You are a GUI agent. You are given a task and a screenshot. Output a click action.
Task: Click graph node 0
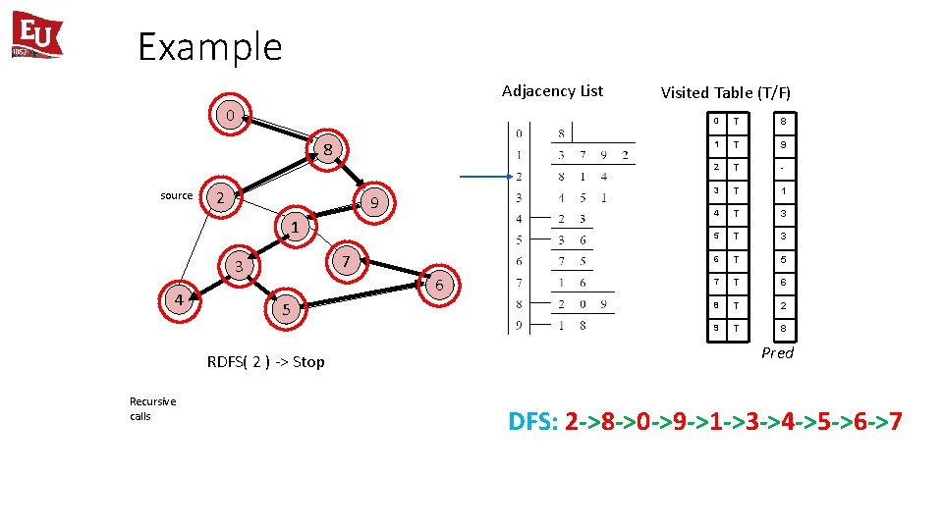click(229, 115)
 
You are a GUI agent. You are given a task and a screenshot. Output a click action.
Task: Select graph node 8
click(329, 149)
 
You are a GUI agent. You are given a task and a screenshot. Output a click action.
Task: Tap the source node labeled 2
click(221, 198)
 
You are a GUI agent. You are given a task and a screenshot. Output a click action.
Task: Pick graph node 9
click(373, 203)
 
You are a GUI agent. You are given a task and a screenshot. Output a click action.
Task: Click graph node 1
click(294, 227)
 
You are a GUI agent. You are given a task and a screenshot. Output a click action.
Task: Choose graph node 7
click(346, 262)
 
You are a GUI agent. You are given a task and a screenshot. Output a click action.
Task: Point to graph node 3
click(238, 266)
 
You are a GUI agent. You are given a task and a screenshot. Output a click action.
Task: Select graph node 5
click(286, 309)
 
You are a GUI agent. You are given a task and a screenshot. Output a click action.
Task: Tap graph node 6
click(439, 285)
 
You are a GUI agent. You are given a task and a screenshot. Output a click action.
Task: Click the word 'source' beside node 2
click(177, 195)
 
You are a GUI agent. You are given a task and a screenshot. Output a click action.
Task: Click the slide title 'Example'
click(209, 47)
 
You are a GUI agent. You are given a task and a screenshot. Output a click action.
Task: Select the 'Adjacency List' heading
click(552, 91)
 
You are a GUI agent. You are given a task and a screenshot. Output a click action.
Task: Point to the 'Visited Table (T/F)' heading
click(725, 93)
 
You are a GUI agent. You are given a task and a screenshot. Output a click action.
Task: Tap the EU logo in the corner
click(36, 35)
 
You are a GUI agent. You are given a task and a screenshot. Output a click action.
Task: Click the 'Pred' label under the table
click(777, 353)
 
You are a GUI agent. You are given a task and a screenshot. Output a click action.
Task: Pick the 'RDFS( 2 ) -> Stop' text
click(265, 362)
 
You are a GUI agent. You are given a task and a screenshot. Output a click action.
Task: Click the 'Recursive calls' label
click(152, 408)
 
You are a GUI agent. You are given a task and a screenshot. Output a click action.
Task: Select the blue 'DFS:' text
click(532, 422)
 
